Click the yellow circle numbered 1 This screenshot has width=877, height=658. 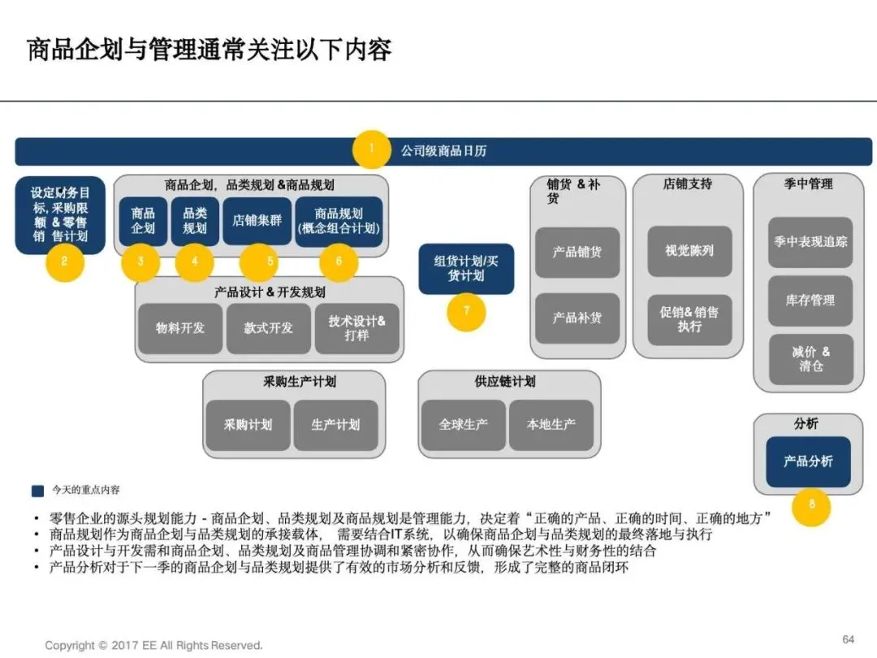[372, 149]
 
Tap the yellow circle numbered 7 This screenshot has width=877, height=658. [466, 312]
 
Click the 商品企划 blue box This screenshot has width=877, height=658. [143, 220]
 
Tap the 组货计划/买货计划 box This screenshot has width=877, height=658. [466, 268]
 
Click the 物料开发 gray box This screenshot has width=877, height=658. [179, 328]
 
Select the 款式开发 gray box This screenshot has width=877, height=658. [268, 328]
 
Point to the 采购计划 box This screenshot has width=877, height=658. [248, 425]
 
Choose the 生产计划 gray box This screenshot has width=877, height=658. [335, 425]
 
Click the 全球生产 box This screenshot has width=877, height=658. [462, 425]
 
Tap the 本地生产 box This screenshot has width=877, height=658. [551, 425]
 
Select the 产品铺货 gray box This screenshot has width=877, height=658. [577, 252]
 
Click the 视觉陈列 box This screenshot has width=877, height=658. [689, 251]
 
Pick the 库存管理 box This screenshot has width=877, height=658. [810, 301]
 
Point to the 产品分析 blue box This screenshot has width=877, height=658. [808, 461]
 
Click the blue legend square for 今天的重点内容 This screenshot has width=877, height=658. [37, 491]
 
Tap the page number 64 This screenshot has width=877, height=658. [849, 639]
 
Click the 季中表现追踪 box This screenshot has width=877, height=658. [810, 242]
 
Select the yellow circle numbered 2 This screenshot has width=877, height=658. [64, 262]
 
